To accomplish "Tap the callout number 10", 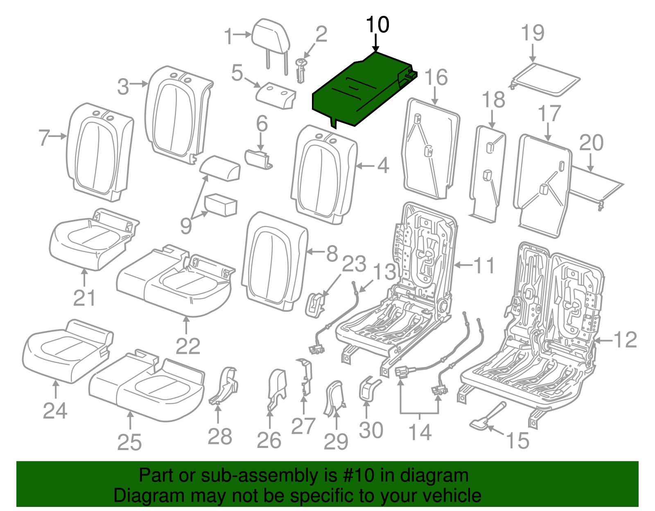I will click(x=377, y=25).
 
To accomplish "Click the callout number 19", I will click(x=533, y=33).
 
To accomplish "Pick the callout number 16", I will click(x=436, y=77).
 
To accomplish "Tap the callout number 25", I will click(x=129, y=442).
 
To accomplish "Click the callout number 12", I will click(x=626, y=340).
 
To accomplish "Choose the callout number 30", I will click(x=371, y=430).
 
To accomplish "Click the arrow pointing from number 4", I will click(x=365, y=166).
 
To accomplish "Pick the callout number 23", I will click(x=354, y=264).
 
